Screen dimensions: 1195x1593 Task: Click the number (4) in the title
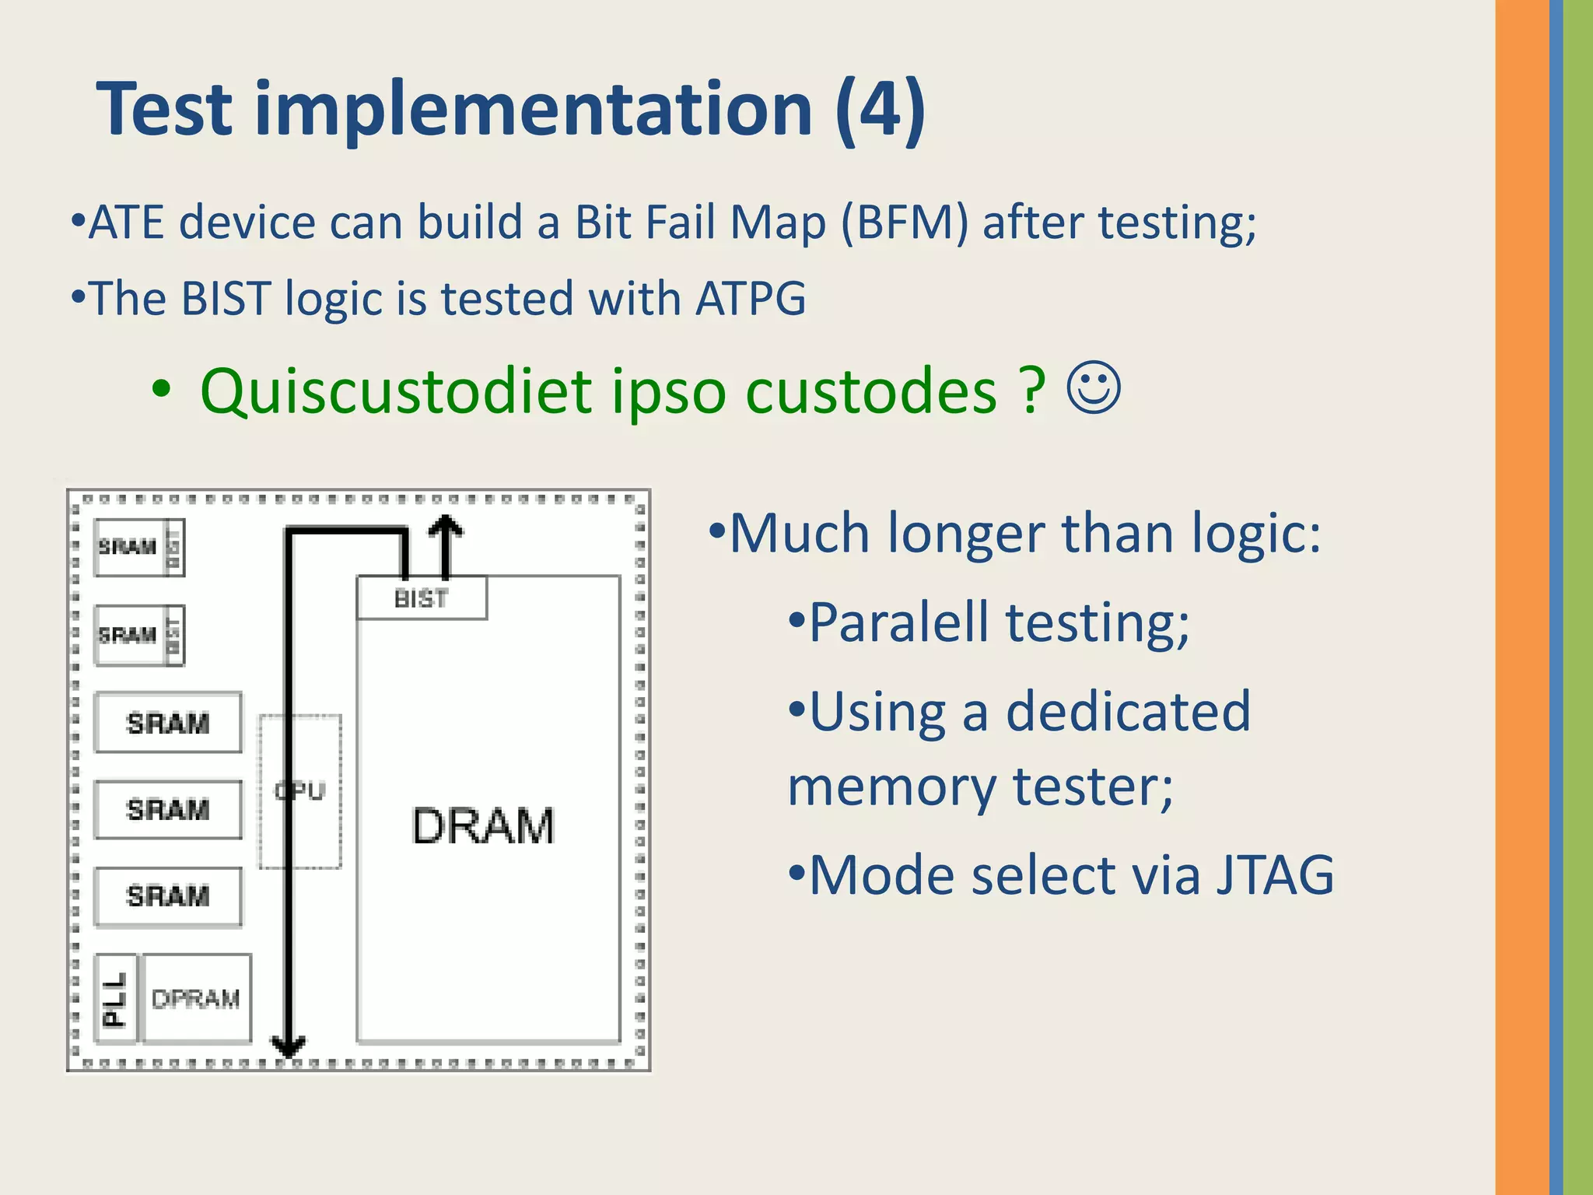[x=880, y=109]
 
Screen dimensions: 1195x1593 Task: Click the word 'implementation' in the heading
[x=534, y=109]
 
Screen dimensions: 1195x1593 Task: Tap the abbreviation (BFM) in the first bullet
[x=905, y=223]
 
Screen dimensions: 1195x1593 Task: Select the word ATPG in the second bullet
[x=751, y=298]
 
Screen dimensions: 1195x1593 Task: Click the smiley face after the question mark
[x=1094, y=387]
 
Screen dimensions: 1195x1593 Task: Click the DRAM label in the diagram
[x=483, y=825]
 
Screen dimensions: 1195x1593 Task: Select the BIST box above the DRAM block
[x=422, y=598]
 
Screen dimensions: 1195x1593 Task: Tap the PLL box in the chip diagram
[x=115, y=998]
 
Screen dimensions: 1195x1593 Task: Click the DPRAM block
[x=196, y=998]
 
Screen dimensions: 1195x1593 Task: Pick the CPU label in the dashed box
[x=300, y=791]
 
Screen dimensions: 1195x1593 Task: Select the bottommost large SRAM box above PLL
[x=168, y=896]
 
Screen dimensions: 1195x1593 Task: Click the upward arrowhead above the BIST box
[x=446, y=527]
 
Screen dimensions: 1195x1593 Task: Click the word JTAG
[x=1275, y=875]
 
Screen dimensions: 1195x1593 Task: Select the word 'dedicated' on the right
[x=1128, y=711]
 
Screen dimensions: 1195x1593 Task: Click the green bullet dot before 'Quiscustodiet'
[x=160, y=390]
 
